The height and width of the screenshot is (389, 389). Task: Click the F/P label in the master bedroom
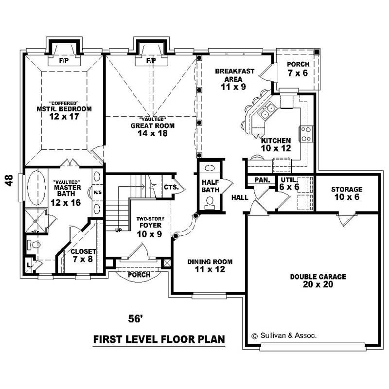coord(63,61)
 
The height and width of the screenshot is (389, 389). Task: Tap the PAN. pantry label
coord(262,180)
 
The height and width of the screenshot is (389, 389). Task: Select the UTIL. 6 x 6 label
coord(289,183)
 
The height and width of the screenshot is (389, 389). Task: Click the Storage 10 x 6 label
coord(347,193)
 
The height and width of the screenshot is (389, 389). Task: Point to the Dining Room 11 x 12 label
coord(210,265)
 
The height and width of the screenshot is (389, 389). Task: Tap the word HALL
coord(240,198)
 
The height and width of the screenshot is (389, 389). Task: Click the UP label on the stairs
coord(118,229)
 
